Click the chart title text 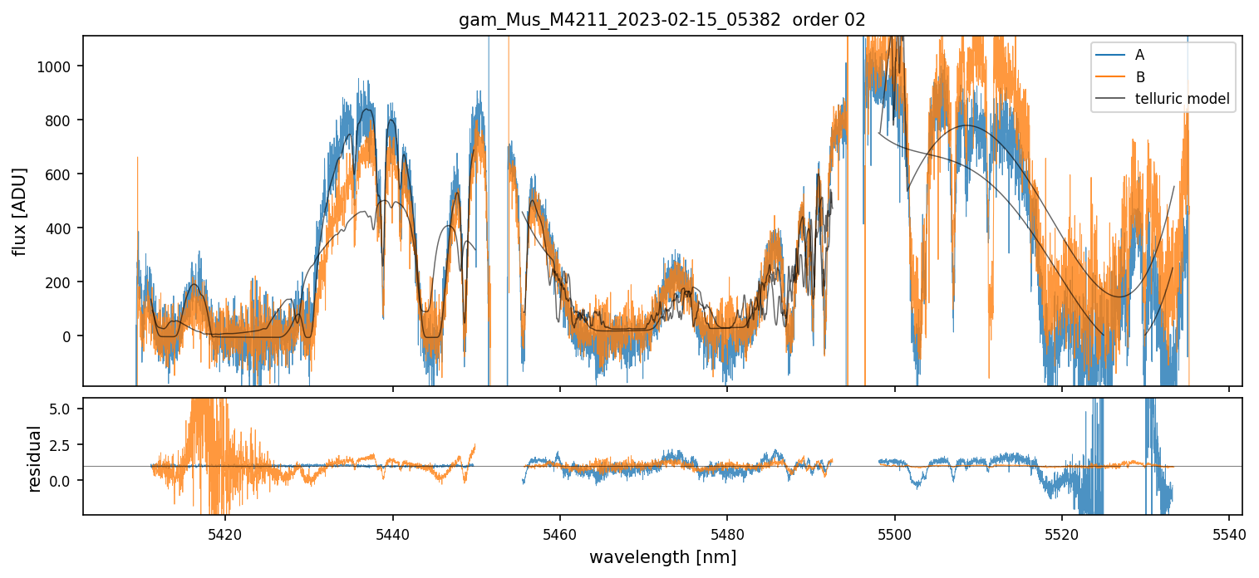(662, 20)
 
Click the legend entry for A (1139, 55)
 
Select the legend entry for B (1140, 77)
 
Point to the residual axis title (35, 458)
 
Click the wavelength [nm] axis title (662, 556)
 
